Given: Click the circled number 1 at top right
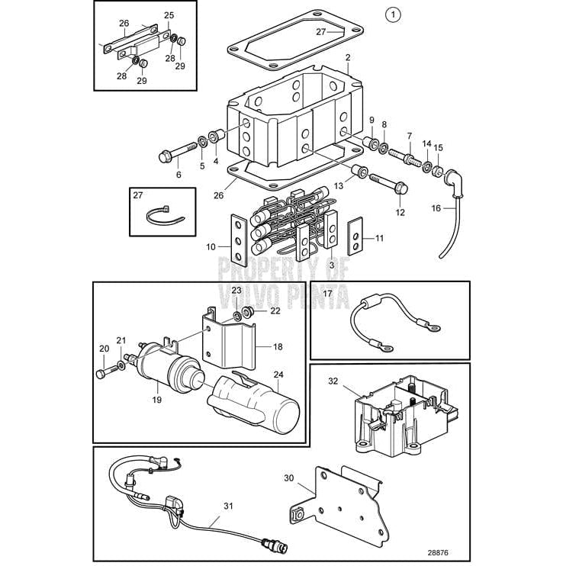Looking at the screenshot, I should (x=392, y=14).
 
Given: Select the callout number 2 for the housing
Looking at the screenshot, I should (x=347, y=57).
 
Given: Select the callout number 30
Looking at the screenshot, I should (x=288, y=478).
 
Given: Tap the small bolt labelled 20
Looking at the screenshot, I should (x=103, y=374).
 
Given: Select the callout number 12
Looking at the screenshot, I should (x=400, y=212).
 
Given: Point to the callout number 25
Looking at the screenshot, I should (x=169, y=14).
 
